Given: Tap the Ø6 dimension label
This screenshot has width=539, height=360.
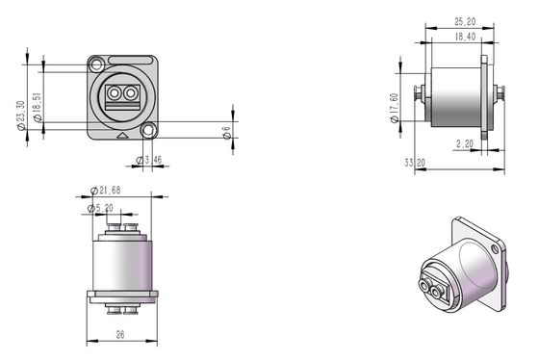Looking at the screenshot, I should (x=226, y=133).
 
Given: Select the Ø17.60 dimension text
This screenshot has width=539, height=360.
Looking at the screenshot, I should (x=394, y=107).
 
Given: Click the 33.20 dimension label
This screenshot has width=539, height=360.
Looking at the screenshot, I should (x=416, y=164).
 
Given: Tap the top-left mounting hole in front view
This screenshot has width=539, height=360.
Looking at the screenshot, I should (x=96, y=65).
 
